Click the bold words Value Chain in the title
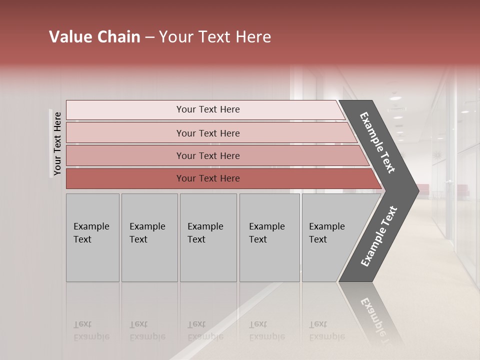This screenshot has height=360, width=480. click(x=94, y=37)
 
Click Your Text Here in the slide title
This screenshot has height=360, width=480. click(x=215, y=37)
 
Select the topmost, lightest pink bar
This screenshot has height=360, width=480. click(x=207, y=109)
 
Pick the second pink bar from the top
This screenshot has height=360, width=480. click(x=207, y=133)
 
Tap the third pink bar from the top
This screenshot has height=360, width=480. click(x=207, y=155)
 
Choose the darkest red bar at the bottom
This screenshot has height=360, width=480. click(x=207, y=178)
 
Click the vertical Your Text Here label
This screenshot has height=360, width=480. click(x=57, y=143)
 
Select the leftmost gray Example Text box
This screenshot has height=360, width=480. click(x=92, y=237)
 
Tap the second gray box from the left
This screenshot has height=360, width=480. click(x=149, y=237)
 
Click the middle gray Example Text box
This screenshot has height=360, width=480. click(x=208, y=237)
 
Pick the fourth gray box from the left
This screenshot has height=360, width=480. click(x=269, y=237)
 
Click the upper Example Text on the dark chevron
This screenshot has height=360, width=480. click(x=377, y=142)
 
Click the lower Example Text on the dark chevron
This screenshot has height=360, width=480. click(x=378, y=236)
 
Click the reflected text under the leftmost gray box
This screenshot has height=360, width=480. click(x=91, y=330)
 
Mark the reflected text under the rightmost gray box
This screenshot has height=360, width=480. click(x=326, y=330)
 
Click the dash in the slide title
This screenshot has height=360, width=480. click(x=149, y=37)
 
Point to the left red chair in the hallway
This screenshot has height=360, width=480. click(x=423, y=189)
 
